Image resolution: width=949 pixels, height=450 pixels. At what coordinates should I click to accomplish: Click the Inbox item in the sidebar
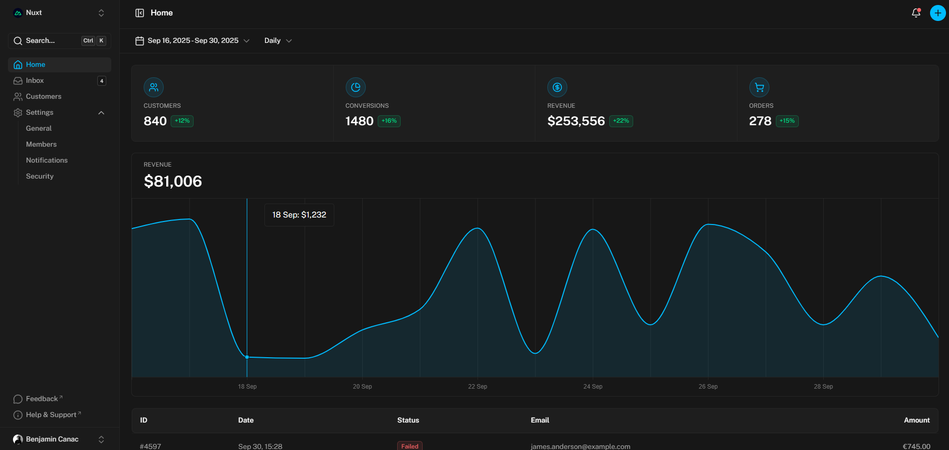tap(35, 80)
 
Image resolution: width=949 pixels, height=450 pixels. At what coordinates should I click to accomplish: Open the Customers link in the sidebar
tap(43, 96)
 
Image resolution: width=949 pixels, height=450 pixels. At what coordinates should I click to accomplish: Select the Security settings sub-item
tap(39, 176)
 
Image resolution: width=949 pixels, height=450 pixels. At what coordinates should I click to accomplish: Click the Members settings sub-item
tap(41, 144)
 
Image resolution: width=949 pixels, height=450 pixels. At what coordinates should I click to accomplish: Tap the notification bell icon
tap(916, 13)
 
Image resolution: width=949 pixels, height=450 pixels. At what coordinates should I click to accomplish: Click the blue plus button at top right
tap(938, 13)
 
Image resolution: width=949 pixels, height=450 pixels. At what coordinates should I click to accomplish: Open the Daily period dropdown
tap(278, 40)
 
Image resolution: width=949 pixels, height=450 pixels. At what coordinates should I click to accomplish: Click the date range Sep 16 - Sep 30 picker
tap(192, 40)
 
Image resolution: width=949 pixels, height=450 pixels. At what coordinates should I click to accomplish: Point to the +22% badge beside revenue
tap(621, 121)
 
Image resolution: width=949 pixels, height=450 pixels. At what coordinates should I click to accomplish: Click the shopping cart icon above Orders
tap(759, 87)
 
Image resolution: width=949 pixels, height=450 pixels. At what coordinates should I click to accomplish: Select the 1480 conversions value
tap(359, 121)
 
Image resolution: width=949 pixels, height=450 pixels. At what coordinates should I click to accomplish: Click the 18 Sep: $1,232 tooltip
tap(299, 215)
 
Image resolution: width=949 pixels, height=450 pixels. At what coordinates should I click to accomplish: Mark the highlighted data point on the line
tap(247, 357)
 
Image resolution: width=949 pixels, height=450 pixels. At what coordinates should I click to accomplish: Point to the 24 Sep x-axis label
tap(593, 387)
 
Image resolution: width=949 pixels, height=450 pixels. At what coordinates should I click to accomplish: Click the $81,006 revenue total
tap(173, 181)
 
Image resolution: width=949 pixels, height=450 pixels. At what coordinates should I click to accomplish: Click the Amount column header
tap(917, 420)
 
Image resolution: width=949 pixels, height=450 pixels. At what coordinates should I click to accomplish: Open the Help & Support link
tap(51, 415)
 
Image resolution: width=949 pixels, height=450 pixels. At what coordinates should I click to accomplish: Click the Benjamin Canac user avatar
tap(18, 439)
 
